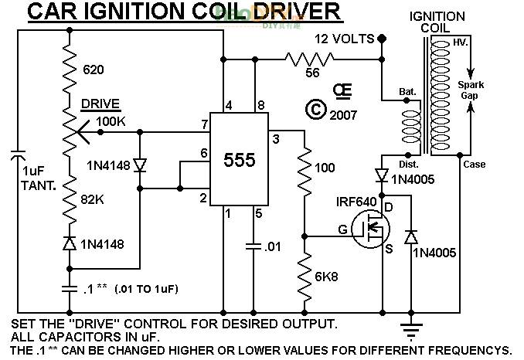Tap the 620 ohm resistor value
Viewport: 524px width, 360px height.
click(x=92, y=70)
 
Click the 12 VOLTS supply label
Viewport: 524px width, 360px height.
click(x=345, y=39)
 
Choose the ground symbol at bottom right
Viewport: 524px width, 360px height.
click(x=409, y=330)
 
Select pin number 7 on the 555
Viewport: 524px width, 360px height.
click(x=203, y=124)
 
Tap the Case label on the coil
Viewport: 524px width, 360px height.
click(x=474, y=164)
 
